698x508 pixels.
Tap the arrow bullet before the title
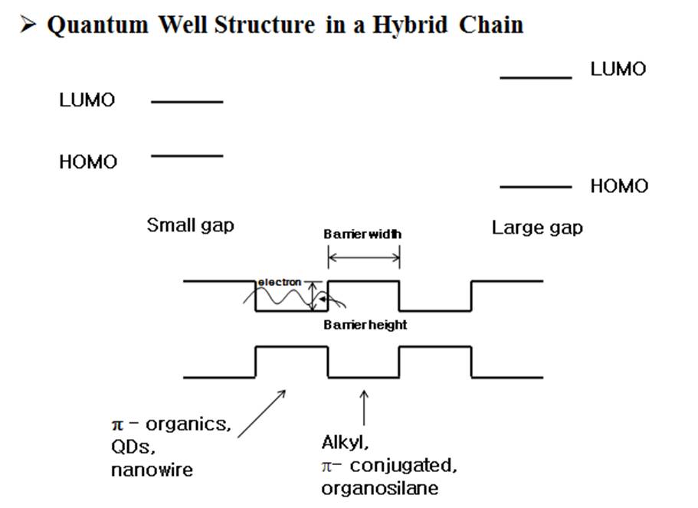[x=28, y=25]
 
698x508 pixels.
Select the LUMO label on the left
[x=87, y=100]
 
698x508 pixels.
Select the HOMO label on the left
[x=88, y=162]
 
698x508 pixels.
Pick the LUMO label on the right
[x=618, y=70]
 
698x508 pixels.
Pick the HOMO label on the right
[x=618, y=186]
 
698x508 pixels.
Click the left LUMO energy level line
[x=187, y=101]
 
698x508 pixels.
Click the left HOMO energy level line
[x=187, y=156]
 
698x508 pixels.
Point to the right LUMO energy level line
[x=536, y=77]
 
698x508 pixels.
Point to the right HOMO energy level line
[x=536, y=186]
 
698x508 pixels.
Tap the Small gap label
[x=190, y=226]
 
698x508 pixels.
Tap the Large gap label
[x=536, y=228]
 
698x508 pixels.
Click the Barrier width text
[x=362, y=234]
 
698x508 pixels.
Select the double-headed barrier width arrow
[x=364, y=259]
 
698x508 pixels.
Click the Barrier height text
[x=365, y=325]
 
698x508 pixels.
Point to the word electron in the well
[x=280, y=282]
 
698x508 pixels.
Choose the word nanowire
[x=152, y=470]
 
